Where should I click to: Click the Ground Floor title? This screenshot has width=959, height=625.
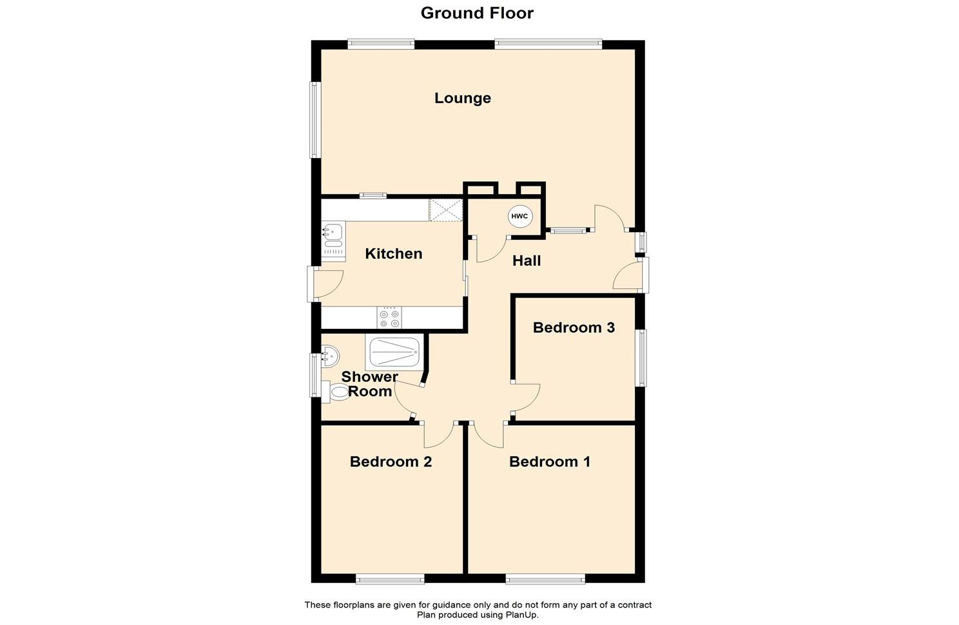tap(477, 14)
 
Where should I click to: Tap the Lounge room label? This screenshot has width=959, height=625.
tap(462, 99)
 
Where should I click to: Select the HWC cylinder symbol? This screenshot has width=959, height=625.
tap(519, 216)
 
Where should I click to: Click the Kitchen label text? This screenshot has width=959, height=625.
tap(393, 253)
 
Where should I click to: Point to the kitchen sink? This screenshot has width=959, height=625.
tap(333, 241)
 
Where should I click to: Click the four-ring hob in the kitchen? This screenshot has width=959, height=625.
tap(389, 318)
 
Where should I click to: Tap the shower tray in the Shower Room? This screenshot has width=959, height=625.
tap(394, 352)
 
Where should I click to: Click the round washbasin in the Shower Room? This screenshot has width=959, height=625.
tap(330, 356)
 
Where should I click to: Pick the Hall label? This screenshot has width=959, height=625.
tap(527, 261)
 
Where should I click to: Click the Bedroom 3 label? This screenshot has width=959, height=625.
tap(574, 328)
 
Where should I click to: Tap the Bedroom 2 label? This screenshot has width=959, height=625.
tap(391, 462)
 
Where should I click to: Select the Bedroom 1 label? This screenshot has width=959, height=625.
tap(550, 462)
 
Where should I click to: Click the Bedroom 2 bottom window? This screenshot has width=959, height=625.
tap(390, 579)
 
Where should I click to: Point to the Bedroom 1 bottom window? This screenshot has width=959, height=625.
tap(545, 579)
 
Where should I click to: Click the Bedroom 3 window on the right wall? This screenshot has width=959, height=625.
tap(641, 358)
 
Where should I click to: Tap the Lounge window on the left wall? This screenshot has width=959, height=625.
tap(316, 120)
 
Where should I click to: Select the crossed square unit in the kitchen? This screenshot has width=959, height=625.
tap(446, 210)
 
